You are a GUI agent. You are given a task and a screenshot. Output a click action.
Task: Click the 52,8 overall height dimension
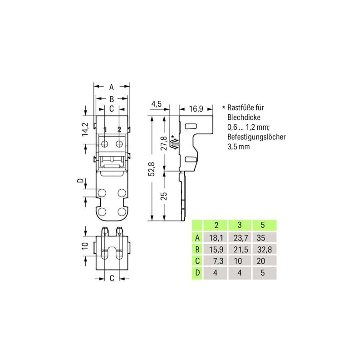[x=152, y=169]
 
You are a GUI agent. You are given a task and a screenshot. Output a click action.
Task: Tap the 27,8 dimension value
[x=164, y=143]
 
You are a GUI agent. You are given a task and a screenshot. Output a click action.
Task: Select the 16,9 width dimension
[x=196, y=108]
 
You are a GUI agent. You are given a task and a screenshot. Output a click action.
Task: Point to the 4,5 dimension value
[x=157, y=104]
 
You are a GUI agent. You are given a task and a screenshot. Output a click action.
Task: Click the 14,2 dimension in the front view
[x=85, y=129]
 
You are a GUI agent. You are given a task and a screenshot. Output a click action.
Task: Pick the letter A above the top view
[x=112, y=87]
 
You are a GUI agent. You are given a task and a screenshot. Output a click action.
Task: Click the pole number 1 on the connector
[x=105, y=129]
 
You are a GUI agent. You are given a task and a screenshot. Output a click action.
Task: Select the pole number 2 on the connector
[x=119, y=129]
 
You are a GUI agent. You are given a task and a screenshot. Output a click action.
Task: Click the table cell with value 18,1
[x=216, y=238]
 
